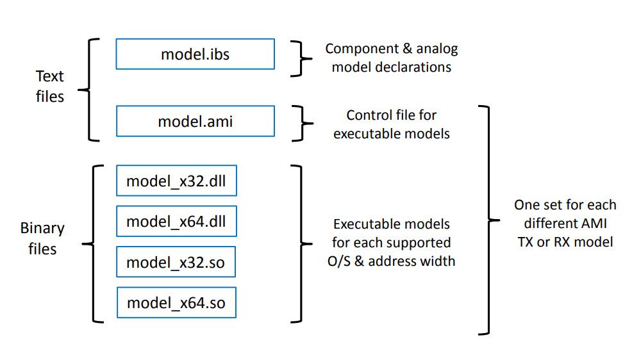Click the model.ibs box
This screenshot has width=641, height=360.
(x=195, y=54)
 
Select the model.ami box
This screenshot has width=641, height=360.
(x=195, y=121)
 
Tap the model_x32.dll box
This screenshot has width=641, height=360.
(x=176, y=181)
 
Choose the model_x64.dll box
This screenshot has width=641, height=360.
(x=176, y=222)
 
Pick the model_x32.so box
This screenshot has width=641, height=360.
(x=176, y=262)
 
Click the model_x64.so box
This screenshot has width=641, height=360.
(x=176, y=302)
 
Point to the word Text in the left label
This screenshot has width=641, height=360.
(x=49, y=76)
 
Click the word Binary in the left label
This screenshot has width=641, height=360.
(x=42, y=228)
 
